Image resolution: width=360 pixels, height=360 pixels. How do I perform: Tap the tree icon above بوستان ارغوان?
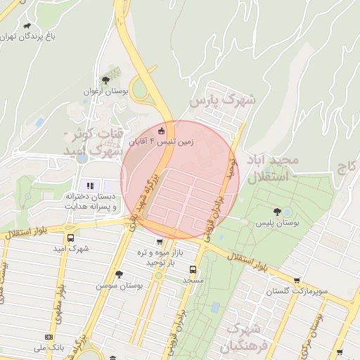pos(105,80)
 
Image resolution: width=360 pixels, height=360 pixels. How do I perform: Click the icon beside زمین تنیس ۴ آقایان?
pos(161,131)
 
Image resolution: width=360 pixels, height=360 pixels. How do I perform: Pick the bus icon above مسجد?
pos(193,269)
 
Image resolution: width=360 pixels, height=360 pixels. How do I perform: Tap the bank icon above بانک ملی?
pos(49,337)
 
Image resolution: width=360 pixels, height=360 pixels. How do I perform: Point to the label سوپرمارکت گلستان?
pos(293,291)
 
